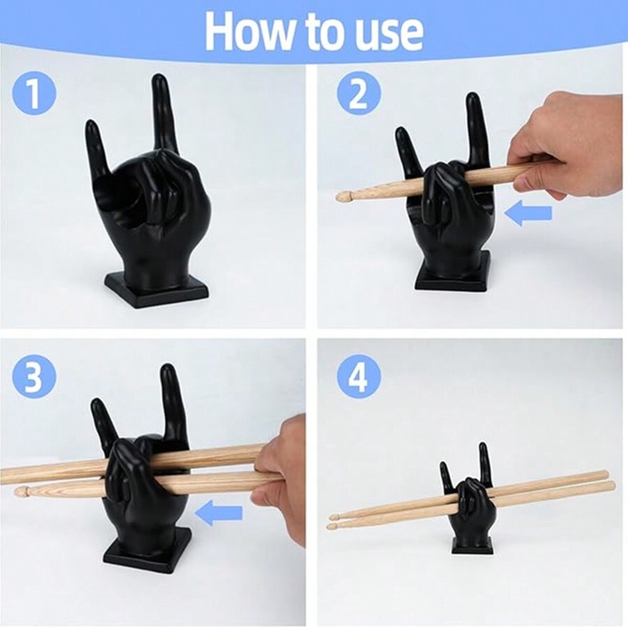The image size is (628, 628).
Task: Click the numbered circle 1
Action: click(34, 94)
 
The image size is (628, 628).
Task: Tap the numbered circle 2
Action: click(359, 94)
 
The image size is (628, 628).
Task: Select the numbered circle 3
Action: click(34, 377)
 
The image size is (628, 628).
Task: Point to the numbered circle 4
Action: click(359, 377)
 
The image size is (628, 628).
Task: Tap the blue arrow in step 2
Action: click(528, 213)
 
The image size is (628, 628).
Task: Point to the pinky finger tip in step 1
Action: click(91, 124)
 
